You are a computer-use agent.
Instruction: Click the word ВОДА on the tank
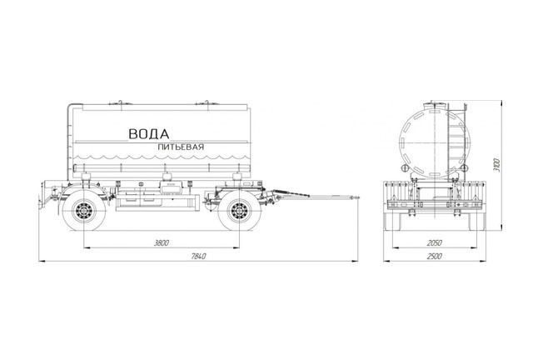[149, 134]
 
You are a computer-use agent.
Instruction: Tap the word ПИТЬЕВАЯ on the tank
[181, 147]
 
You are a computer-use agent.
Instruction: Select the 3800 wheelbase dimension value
[162, 243]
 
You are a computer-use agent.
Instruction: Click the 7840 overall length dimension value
[198, 257]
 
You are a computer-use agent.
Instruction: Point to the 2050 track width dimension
[435, 243]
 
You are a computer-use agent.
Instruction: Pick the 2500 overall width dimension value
[435, 257]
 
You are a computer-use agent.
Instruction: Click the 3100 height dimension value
[497, 165]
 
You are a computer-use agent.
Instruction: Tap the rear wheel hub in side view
[84, 210]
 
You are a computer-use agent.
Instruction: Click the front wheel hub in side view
[239, 210]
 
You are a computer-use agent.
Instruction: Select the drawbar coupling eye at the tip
[356, 198]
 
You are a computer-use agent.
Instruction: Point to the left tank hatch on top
[120, 103]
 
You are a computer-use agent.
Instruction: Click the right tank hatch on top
[207, 103]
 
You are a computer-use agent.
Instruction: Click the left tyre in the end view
[393, 222]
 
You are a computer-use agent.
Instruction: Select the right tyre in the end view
[476, 222]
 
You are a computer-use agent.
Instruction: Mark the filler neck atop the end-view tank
[435, 105]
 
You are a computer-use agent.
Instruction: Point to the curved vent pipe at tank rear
[70, 137]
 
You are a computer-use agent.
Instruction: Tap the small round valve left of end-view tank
[405, 167]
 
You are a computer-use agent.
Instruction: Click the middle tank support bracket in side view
[167, 177]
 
